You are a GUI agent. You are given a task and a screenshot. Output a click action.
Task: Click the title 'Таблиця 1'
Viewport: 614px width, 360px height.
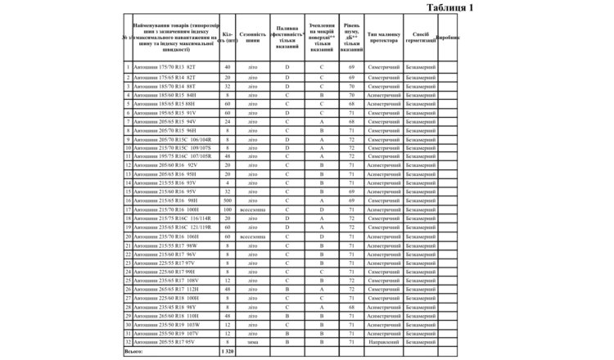coord(450,7)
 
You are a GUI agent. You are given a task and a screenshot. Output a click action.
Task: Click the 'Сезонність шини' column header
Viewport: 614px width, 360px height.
coord(253,38)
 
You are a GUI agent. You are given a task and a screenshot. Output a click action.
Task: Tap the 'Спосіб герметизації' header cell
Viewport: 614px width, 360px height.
coord(422,38)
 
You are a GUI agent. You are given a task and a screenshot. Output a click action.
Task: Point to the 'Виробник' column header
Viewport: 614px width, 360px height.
coord(448,38)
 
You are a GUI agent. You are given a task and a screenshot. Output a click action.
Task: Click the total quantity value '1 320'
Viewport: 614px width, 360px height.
coord(228,351)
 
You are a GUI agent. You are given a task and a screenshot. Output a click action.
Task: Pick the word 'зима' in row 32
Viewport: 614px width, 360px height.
coord(253,342)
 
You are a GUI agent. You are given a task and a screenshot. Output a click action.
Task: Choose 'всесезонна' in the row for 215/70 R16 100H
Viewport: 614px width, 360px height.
coord(253,209)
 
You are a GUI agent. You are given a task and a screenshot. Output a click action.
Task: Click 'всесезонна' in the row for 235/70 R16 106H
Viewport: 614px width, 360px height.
coord(253,236)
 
